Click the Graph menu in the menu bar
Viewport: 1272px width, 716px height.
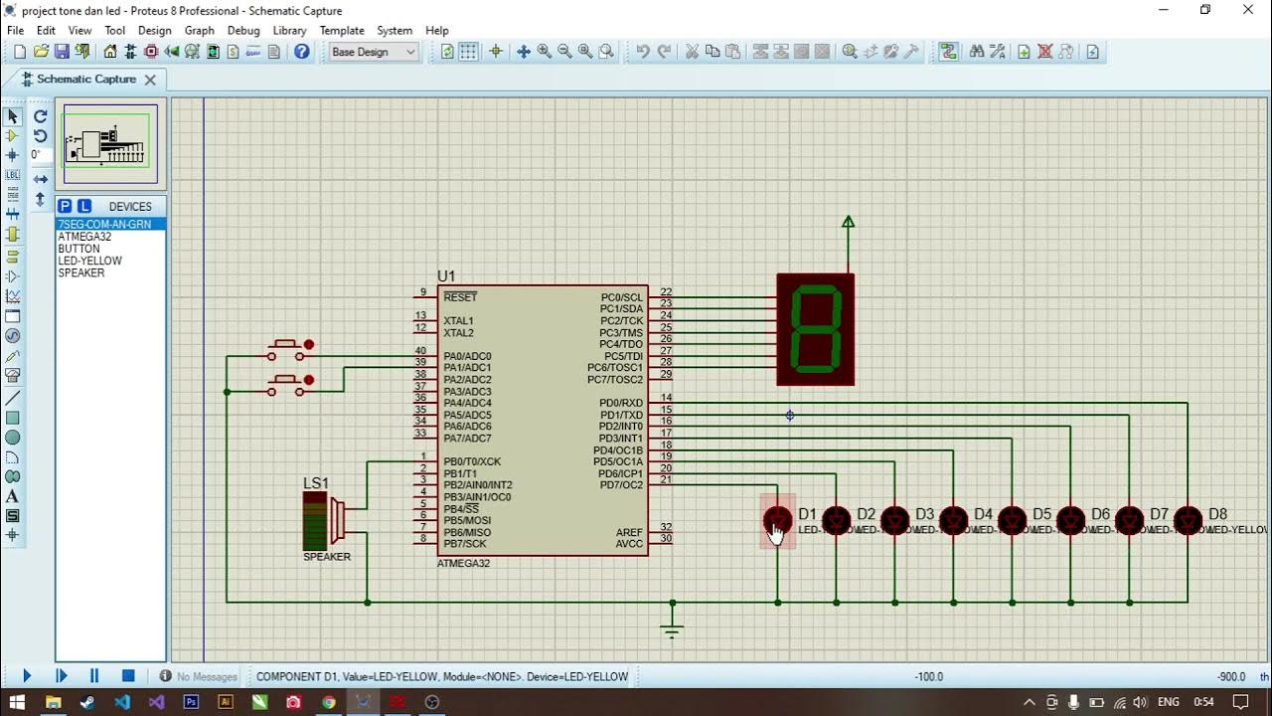(199, 31)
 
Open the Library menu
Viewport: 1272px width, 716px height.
(289, 31)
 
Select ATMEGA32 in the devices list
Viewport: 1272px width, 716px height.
(84, 237)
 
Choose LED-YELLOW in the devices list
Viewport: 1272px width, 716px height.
(89, 261)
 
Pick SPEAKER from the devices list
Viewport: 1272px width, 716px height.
(80, 272)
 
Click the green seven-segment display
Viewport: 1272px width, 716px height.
(815, 329)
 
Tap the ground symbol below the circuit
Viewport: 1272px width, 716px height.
(673, 628)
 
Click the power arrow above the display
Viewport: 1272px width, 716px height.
(848, 223)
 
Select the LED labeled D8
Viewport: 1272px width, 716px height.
(1188, 520)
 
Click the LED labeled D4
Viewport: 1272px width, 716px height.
(953, 520)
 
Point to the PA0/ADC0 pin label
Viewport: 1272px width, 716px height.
(467, 356)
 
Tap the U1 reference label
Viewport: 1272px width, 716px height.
(446, 275)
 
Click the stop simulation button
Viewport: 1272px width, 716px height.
(128, 676)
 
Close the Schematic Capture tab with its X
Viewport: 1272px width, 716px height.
(150, 80)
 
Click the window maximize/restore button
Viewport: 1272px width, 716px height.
(1205, 10)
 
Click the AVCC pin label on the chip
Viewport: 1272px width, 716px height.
(629, 544)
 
